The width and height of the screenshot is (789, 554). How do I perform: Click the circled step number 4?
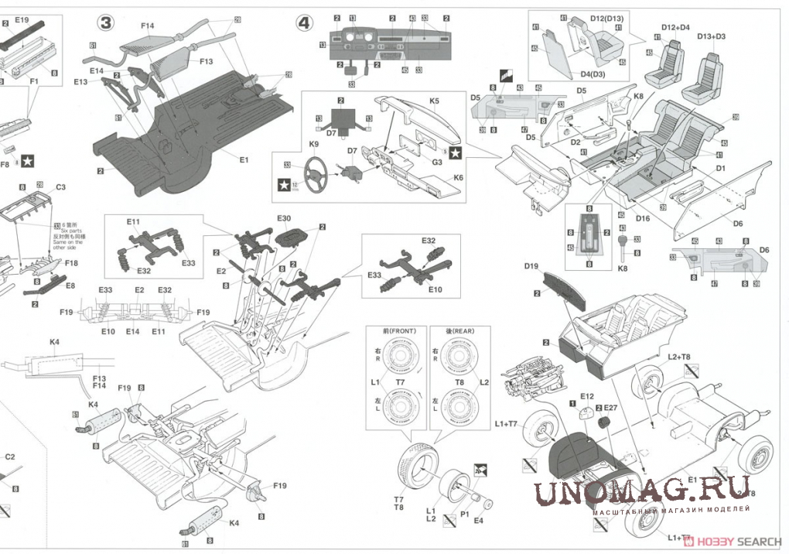[x=305, y=23]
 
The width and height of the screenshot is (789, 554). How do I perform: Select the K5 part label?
[x=434, y=101]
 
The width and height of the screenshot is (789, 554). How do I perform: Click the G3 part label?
[x=437, y=162]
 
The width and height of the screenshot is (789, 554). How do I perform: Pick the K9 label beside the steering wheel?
[x=314, y=144]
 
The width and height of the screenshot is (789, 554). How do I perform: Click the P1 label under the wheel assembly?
[x=465, y=513]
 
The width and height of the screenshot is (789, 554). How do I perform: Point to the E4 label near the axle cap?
[x=479, y=521]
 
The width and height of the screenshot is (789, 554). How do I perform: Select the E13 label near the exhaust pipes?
[x=80, y=80]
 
